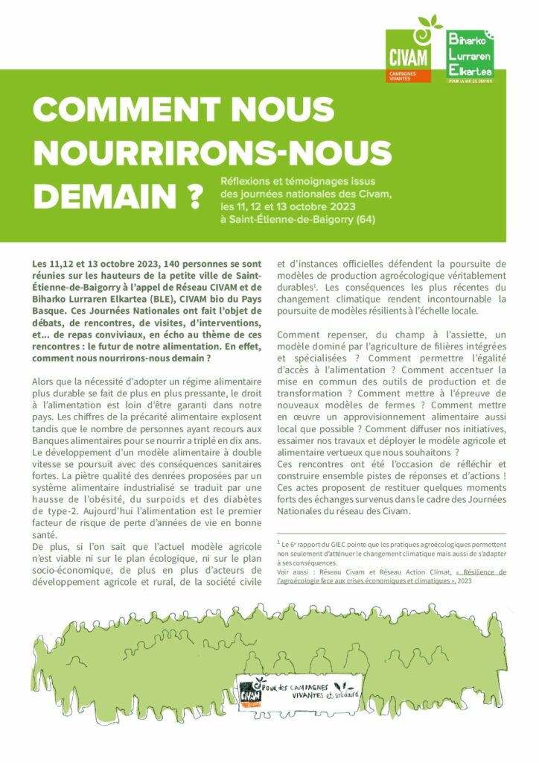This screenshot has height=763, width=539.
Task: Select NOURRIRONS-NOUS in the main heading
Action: [x=212, y=153]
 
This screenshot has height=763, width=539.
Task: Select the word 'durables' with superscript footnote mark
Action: [x=293, y=287]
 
